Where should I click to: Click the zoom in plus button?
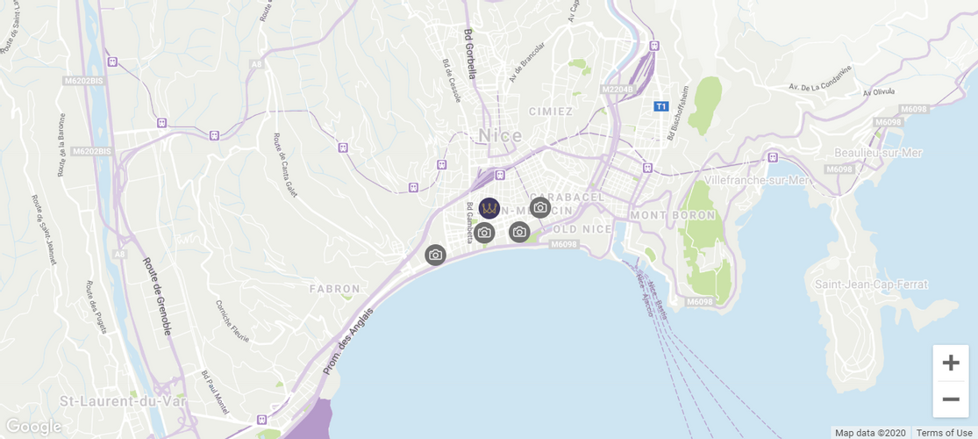(x=951, y=363)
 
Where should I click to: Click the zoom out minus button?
(x=951, y=399)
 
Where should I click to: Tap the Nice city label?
(x=500, y=135)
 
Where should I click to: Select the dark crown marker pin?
(x=489, y=208)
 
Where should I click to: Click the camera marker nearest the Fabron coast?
(x=435, y=255)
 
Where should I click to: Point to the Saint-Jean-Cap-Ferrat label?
(x=871, y=284)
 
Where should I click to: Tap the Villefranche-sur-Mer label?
(x=756, y=180)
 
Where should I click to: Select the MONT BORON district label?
(x=673, y=215)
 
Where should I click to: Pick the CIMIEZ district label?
(x=551, y=112)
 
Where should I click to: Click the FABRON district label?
(x=334, y=288)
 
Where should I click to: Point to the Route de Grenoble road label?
(x=157, y=297)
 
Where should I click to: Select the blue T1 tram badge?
(x=661, y=106)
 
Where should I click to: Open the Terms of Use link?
(x=944, y=433)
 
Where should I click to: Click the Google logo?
(x=33, y=427)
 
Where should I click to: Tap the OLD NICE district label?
(x=582, y=230)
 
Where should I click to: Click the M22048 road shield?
(x=617, y=90)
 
